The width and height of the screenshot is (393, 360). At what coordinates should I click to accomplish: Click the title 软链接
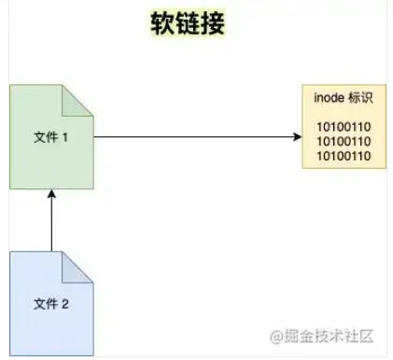(x=188, y=23)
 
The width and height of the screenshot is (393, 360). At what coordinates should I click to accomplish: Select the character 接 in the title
(x=212, y=23)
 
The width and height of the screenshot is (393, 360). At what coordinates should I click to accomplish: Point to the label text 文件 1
(x=51, y=137)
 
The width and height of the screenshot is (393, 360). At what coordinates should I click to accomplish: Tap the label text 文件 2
(x=51, y=303)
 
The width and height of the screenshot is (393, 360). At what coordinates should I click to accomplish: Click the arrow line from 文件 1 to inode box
(x=196, y=137)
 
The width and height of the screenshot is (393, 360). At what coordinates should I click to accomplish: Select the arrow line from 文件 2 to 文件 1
(x=52, y=224)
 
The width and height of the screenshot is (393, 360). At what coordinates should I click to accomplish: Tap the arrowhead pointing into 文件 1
(x=52, y=194)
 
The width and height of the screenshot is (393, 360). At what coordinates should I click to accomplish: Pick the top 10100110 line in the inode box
(x=338, y=127)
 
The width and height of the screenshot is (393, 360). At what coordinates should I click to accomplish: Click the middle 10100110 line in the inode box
(x=338, y=141)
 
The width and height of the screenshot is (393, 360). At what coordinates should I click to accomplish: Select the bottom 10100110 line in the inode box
(x=338, y=155)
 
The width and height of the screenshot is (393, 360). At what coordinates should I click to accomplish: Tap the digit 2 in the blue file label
(x=65, y=303)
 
